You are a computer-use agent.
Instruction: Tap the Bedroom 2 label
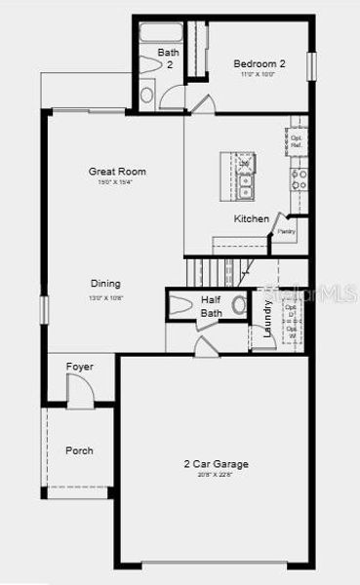(259, 64)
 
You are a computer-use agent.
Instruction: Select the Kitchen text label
(251, 219)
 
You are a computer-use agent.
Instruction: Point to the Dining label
(107, 285)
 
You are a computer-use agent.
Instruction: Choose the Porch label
(79, 450)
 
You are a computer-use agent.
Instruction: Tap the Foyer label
(79, 367)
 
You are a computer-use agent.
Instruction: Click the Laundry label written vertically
(268, 318)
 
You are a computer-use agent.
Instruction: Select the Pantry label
(286, 232)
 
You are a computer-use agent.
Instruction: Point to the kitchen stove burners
(299, 178)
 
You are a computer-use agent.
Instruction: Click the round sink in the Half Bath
(238, 304)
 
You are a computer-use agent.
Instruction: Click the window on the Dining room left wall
(43, 308)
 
